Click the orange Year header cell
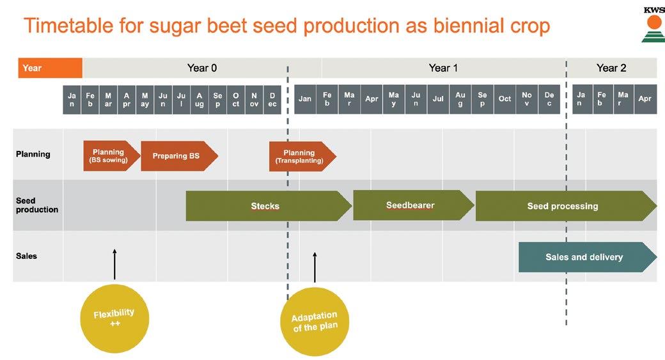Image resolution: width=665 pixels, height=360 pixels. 50,68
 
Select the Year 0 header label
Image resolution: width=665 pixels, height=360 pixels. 201,68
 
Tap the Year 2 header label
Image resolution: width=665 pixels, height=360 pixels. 611,68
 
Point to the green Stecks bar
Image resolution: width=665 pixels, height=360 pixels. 266,206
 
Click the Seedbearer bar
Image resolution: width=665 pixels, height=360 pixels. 411,205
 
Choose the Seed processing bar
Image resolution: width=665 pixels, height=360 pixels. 563,206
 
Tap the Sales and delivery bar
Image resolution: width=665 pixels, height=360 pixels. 584,257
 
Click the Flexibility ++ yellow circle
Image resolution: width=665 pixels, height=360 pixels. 114,317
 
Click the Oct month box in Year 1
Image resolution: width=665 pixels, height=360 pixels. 505,99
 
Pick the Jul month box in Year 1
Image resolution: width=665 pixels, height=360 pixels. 438,99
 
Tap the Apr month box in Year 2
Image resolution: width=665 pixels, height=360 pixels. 645,99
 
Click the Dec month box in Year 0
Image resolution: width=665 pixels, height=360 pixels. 272,100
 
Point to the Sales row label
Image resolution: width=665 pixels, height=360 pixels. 27,256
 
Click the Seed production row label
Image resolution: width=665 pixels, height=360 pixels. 36,205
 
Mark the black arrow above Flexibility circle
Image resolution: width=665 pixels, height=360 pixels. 114,264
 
